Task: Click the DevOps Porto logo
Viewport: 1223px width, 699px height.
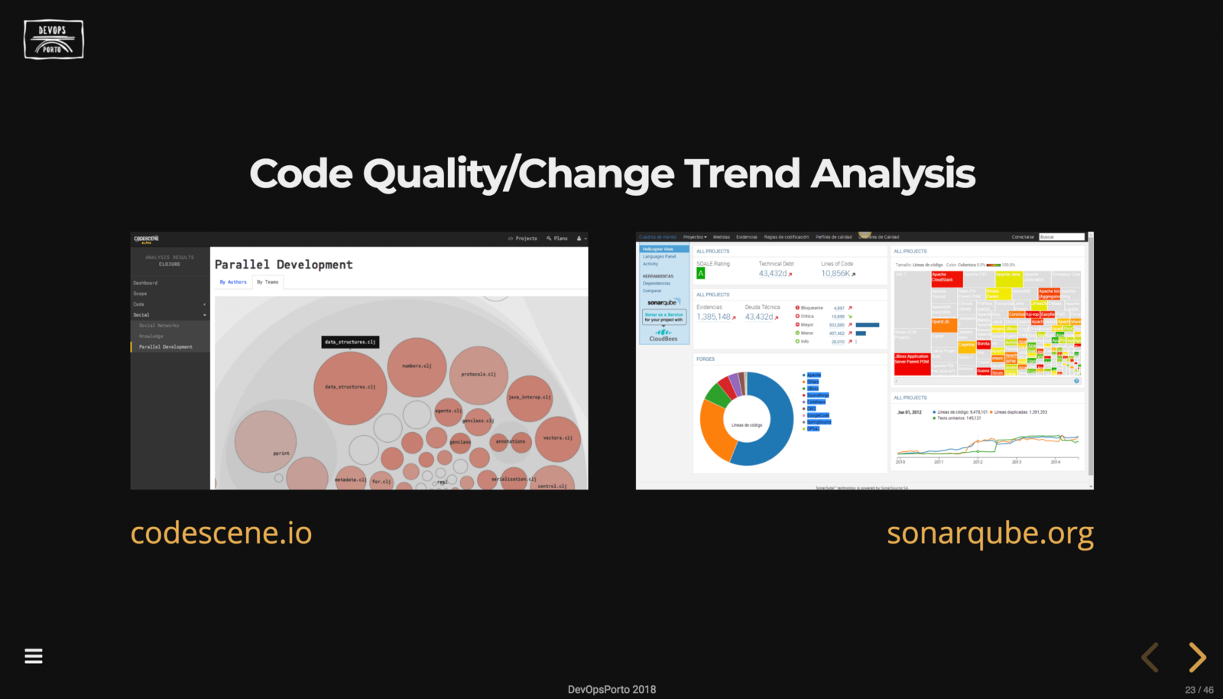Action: pos(53,40)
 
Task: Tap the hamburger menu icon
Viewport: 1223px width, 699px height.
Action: pos(34,655)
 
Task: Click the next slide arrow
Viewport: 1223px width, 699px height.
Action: pos(1197,657)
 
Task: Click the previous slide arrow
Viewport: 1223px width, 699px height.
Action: pos(1150,657)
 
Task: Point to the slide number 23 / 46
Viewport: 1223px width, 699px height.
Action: pos(1199,689)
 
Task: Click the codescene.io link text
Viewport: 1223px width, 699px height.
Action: pos(221,533)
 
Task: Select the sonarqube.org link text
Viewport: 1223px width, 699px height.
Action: pos(990,533)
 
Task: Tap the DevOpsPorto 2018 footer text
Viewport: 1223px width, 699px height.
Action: pos(611,689)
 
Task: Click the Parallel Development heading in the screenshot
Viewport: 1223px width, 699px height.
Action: pos(284,265)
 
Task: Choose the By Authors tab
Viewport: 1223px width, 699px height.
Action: pos(233,282)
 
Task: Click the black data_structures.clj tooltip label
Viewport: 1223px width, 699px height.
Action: pos(350,342)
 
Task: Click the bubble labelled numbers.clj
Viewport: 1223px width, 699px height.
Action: pos(417,367)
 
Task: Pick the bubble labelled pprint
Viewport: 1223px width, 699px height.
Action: pos(265,442)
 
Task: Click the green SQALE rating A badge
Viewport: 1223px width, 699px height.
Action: pos(701,273)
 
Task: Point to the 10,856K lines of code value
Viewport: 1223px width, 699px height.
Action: pos(835,273)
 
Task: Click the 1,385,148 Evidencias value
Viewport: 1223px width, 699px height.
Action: pos(713,317)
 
